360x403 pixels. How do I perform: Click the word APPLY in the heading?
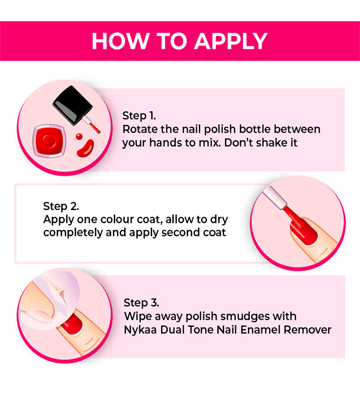(231, 41)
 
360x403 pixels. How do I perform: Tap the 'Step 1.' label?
(139, 116)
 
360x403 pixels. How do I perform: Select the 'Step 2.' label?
(61, 206)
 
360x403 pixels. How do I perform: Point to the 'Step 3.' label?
(141, 302)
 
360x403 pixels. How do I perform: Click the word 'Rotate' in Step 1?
(138, 129)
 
